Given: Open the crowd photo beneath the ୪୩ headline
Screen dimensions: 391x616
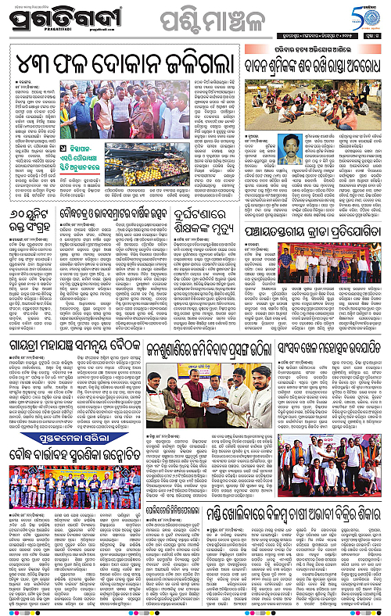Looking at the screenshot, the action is coord(113,115).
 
